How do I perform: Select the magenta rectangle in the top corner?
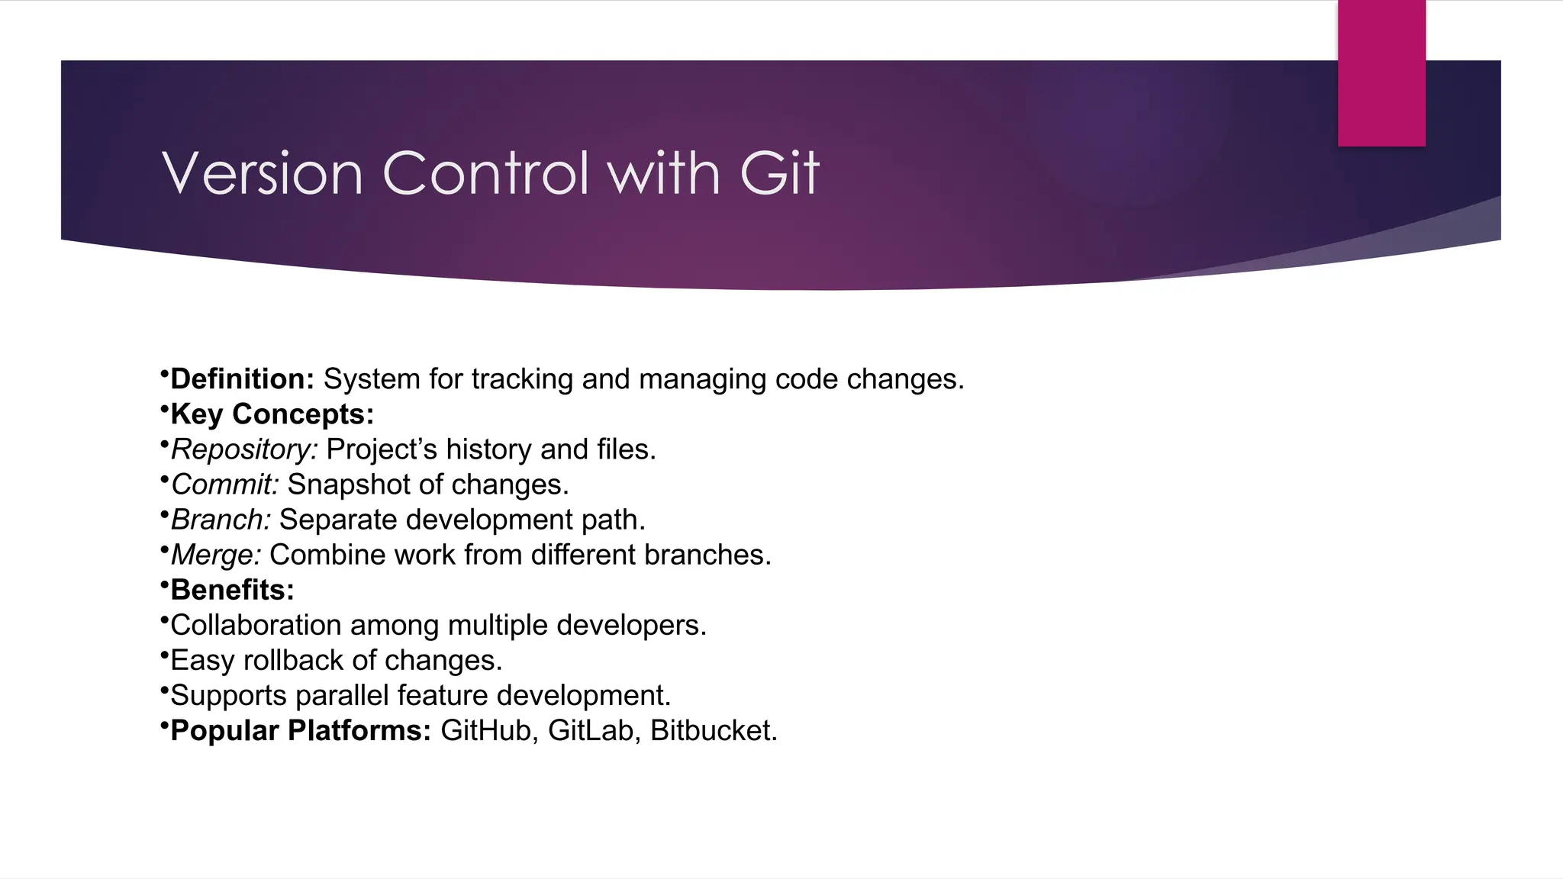(1381, 73)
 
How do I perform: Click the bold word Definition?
(242, 379)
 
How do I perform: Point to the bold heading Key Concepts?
(272, 414)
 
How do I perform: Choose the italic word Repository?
(243, 449)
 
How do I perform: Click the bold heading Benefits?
(232, 590)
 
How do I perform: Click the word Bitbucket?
(713, 730)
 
